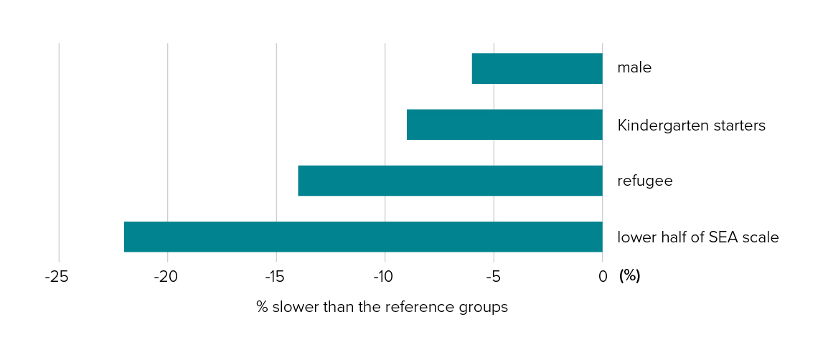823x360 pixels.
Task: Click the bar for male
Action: click(x=537, y=69)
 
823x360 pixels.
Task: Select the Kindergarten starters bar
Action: click(x=504, y=125)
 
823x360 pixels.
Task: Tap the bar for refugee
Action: click(x=450, y=181)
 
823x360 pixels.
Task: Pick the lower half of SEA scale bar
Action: click(x=363, y=237)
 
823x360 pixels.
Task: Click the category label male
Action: click(x=634, y=69)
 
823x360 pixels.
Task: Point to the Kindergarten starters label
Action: click(x=691, y=125)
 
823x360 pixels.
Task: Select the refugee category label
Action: click(x=644, y=181)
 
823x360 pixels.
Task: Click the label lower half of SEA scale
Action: click(x=697, y=237)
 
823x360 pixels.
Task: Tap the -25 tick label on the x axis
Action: click(x=57, y=276)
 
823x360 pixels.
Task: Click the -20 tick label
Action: click(x=166, y=276)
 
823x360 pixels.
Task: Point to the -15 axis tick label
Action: click(x=274, y=276)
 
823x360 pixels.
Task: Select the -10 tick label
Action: click(x=383, y=276)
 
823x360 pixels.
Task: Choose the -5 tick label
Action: click(x=492, y=276)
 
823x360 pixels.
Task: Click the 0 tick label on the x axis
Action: click(x=603, y=276)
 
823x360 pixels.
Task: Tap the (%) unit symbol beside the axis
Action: click(x=629, y=276)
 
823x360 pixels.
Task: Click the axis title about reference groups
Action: click(x=382, y=307)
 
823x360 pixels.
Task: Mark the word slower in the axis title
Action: click(x=291, y=307)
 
